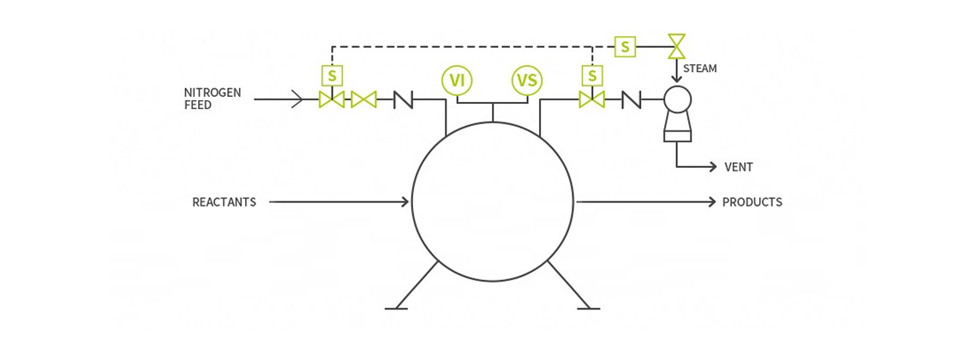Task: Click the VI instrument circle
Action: coord(457,81)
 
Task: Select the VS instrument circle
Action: coord(527,81)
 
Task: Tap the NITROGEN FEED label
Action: coord(213,99)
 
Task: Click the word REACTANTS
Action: coord(225,202)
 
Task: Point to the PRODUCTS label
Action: coord(752,202)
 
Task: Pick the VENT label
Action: coord(739,167)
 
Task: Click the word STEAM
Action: coord(700,69)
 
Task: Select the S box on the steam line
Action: coord(625,46)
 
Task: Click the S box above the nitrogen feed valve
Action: coord(333,76)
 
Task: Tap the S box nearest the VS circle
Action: coord(592,76)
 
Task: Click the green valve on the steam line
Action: coord(676,46)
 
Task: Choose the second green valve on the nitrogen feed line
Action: coord(364,99)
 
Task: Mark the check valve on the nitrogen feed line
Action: coord(404,99)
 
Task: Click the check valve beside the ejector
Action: coord(632,99)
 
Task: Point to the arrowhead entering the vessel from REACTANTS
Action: coord(405,201)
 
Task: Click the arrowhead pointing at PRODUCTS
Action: coord(711,201)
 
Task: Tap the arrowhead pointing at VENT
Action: coord(711,166)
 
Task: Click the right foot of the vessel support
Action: coord(588,309)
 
